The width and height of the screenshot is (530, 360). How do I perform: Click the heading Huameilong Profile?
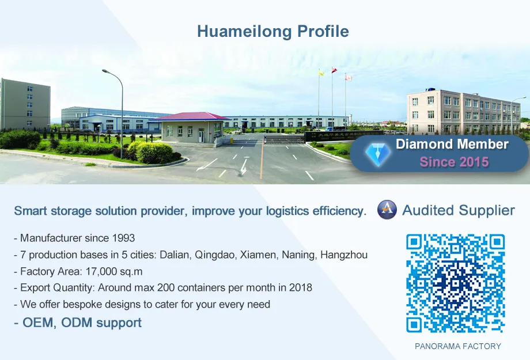272,31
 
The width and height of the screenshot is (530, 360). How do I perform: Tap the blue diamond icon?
378,153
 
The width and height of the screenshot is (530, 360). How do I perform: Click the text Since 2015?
454,162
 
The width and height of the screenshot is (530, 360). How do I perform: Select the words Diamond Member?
452,144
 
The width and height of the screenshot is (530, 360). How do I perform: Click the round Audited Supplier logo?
387,210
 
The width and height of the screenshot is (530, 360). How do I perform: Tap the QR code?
455,283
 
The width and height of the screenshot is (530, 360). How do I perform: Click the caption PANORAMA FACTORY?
458,346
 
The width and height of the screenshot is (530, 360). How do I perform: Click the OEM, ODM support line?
78,323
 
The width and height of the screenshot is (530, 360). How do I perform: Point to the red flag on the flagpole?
334,70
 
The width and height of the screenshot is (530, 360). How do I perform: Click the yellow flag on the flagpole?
321,73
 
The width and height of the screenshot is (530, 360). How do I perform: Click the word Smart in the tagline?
31,211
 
